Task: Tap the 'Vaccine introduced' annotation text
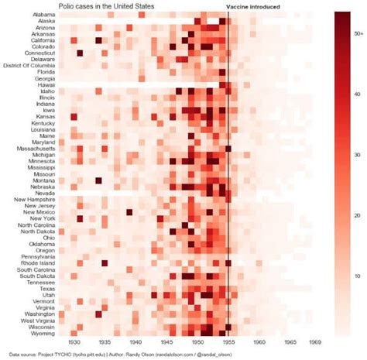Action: [253, 6]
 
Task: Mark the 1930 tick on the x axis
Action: [74, 341]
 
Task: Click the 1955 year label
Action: [229, 341]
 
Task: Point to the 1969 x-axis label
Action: [316, 341]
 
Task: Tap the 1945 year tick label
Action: [167, 341]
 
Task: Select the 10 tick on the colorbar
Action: [357, 276]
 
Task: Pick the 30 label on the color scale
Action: [357, 155]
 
